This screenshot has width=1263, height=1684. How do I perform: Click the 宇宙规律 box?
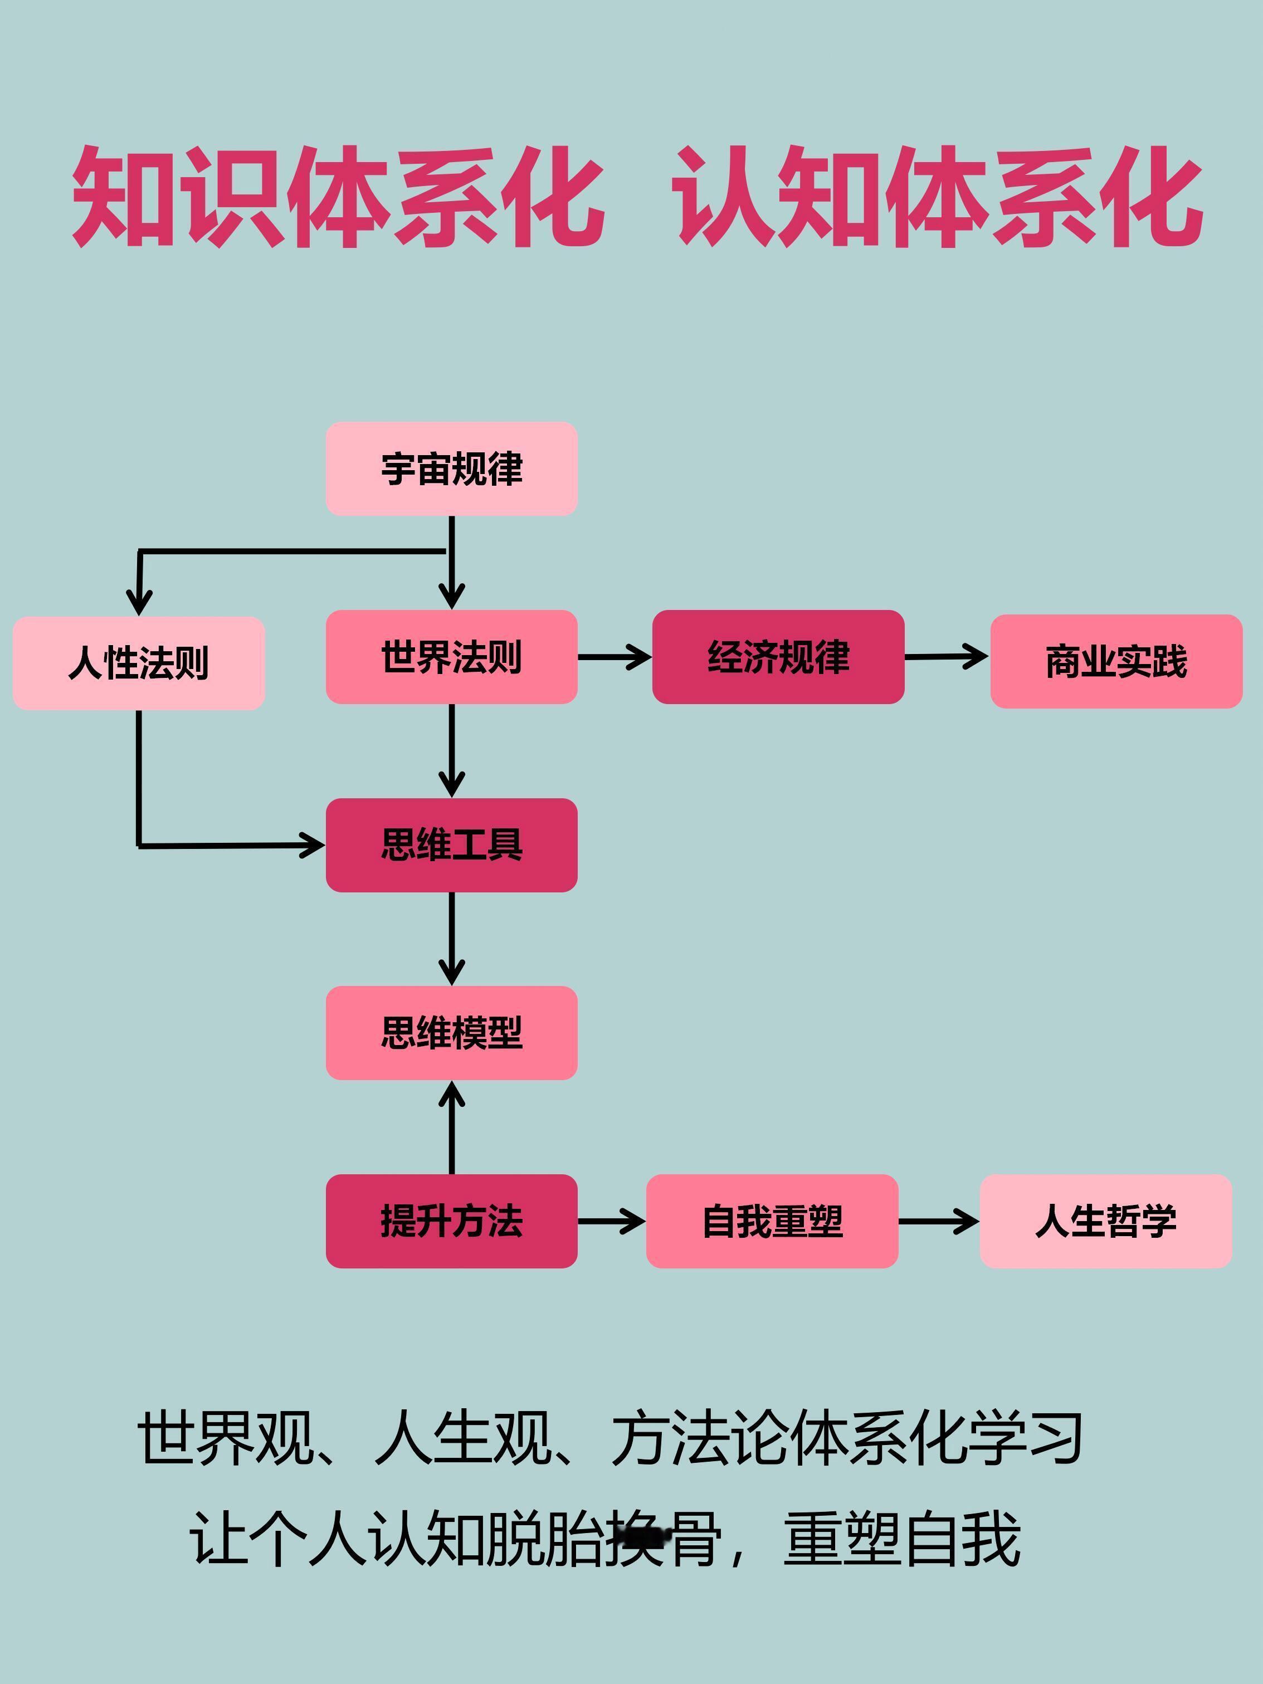[451, 469]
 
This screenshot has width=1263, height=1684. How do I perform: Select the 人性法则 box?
[139, 663]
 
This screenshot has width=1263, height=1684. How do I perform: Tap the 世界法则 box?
[451, 657]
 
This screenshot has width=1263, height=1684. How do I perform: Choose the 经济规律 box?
[778, 657]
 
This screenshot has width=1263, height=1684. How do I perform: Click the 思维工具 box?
[451, 845]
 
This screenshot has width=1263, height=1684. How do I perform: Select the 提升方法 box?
[451, 1221]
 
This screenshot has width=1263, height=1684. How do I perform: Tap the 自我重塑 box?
[772, 1221]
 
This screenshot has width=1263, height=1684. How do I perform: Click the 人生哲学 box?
[1105, 1221]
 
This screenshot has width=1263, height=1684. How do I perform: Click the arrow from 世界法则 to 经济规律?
[615, 657]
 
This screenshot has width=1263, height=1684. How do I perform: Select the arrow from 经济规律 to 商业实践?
[947, 656]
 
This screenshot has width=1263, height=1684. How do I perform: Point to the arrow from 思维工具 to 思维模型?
[451, 939]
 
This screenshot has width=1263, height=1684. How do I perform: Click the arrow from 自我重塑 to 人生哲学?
[939, 1221]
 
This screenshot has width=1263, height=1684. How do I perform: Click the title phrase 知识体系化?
[339, 197]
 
